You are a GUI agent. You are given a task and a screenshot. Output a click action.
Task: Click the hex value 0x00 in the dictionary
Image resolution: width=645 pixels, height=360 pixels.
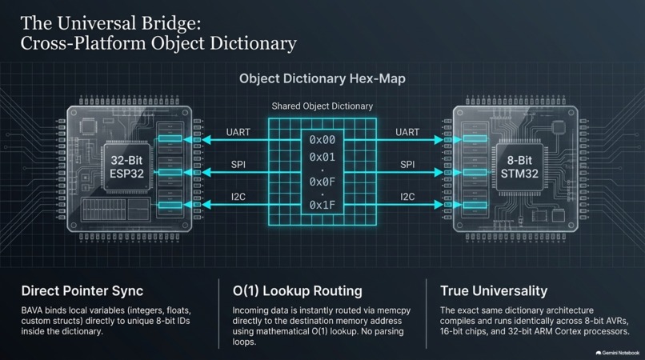[322, 140]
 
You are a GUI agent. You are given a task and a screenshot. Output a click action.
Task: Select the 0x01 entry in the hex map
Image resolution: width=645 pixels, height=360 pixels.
[322, 157]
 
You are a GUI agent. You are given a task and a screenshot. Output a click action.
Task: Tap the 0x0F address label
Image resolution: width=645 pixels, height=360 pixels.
[322, 182]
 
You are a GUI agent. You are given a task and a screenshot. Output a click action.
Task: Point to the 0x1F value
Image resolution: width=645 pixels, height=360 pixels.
[322, 205]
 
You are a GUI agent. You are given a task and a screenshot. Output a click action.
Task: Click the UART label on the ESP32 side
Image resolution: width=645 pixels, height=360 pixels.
[238, 132]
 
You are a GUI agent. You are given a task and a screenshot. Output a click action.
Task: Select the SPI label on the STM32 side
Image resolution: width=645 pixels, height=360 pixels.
[407, 165]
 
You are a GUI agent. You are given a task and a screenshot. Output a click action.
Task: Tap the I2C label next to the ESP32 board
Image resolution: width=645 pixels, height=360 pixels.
[238, 197]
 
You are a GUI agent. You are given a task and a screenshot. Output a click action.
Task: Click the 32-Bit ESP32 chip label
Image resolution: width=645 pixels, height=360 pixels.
[126, 167]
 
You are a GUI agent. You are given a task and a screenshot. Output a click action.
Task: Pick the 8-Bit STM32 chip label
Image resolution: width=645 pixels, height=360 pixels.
[519, 167]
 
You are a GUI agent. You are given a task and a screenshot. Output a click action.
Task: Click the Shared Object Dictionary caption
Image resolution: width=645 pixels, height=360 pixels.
[322, 106]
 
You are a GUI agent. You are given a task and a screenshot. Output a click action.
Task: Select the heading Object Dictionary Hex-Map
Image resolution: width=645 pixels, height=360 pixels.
[322, 78]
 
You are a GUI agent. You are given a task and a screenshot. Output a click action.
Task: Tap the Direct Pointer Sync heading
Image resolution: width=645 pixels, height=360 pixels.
[82, 291]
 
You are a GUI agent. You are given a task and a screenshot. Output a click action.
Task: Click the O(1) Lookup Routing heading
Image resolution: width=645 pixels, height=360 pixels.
[298, 291]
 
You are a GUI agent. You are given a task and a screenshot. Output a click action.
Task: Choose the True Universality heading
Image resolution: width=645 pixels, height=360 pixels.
[494, 291]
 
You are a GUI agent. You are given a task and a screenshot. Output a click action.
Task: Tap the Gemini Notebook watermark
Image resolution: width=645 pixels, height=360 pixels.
[618, 353]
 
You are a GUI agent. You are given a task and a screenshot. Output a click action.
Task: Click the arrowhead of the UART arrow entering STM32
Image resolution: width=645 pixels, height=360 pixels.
[439, 140]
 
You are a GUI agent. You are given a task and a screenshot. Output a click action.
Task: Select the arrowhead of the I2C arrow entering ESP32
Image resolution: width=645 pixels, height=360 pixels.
[206, 205]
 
